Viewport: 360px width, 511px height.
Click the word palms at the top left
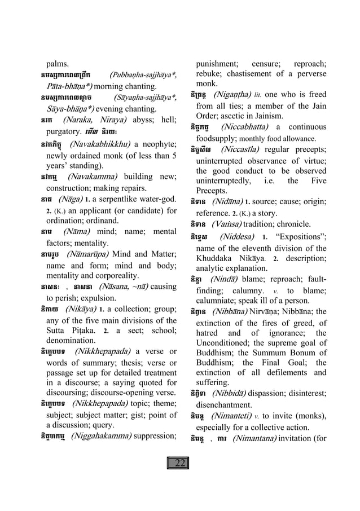coord(58,63)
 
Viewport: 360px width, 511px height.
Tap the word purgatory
coord(65,130)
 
